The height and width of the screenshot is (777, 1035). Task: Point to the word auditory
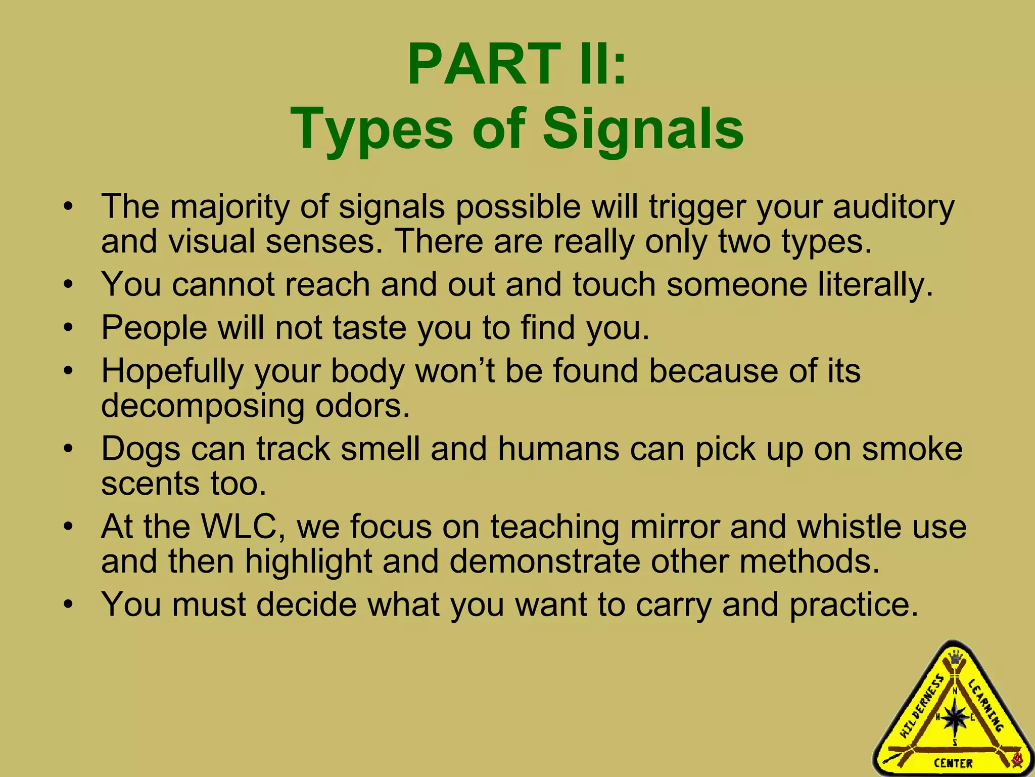coord(893,207)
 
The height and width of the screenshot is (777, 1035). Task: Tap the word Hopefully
coord(172,371)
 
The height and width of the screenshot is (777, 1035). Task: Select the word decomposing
coord(203,405)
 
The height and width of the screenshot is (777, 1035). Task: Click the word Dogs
coord(140,449)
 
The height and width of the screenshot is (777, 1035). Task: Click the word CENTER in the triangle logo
coord(953,763)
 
